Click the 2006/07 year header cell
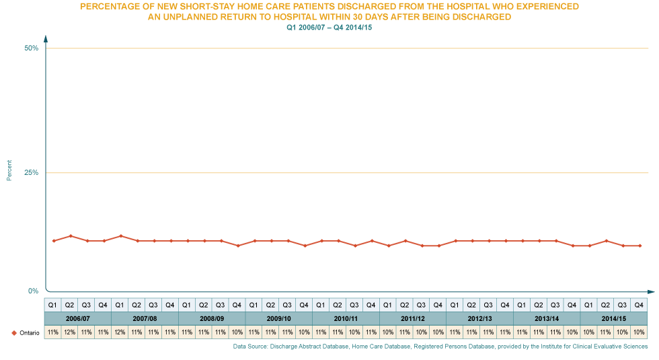[x=77, y=318]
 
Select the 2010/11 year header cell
[x=346, y=318]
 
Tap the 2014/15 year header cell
[x=613, y=318]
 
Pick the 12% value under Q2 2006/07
[x=69, y=332]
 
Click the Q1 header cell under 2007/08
[x=120, y=304]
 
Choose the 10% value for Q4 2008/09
[x=237, y=332]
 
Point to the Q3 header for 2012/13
[x=488, y=304]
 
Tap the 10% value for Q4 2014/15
[x=639, y=332]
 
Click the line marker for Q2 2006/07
[x=70, y=236]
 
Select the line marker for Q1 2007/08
[x=120, y=236]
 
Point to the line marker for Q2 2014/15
[x=607, y=240]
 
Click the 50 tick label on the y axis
[x=32, y=43]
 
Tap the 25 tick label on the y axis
[x=32, y=170]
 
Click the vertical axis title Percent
[x=9, y=170]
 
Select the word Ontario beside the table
[x=20, y=332]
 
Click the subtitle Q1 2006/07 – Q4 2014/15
[x=329, y=28]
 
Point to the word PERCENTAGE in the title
[x=108, y=6]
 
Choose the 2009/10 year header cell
[x=278, y=318]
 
